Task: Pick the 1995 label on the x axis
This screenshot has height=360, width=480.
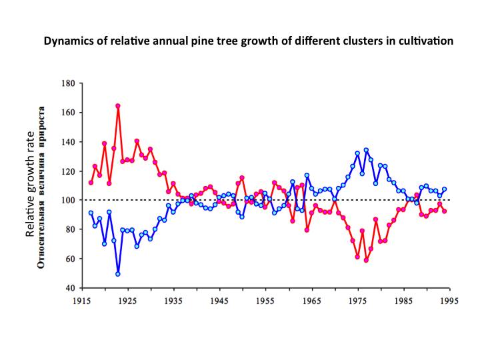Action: pyautogui.click(x=449, y=301)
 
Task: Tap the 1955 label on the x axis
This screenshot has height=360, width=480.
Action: pyautogui.click(x=265, y=301)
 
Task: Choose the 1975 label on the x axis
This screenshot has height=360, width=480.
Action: pyautogui.click(x=357, y=301)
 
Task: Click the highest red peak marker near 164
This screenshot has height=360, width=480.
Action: pyautogui.click(x=118, y=106)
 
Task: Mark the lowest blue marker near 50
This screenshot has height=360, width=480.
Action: pyautogui.click(x=118, y=273)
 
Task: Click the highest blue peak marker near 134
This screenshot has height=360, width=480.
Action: pyautogui.click(x=366, y=150)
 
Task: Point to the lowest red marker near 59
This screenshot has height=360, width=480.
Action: pyautogui.click(x=366, y=260)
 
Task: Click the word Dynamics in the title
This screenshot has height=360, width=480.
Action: pyautogui.click(x=67, y=41)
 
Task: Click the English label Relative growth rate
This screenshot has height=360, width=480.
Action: pyautogui.click(x=29, y=193)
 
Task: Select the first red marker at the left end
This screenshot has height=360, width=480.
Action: pyautogui.click(x=91, y=183)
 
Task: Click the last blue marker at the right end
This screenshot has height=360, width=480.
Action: pyautogui.click(x=444, y=189)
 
